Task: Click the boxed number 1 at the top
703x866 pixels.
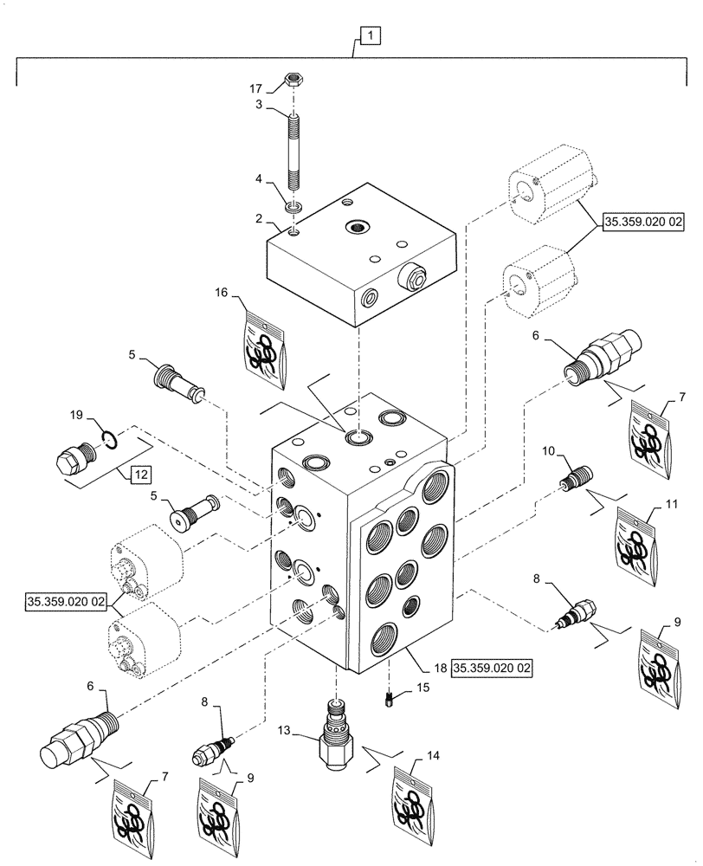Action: point(370,36)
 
